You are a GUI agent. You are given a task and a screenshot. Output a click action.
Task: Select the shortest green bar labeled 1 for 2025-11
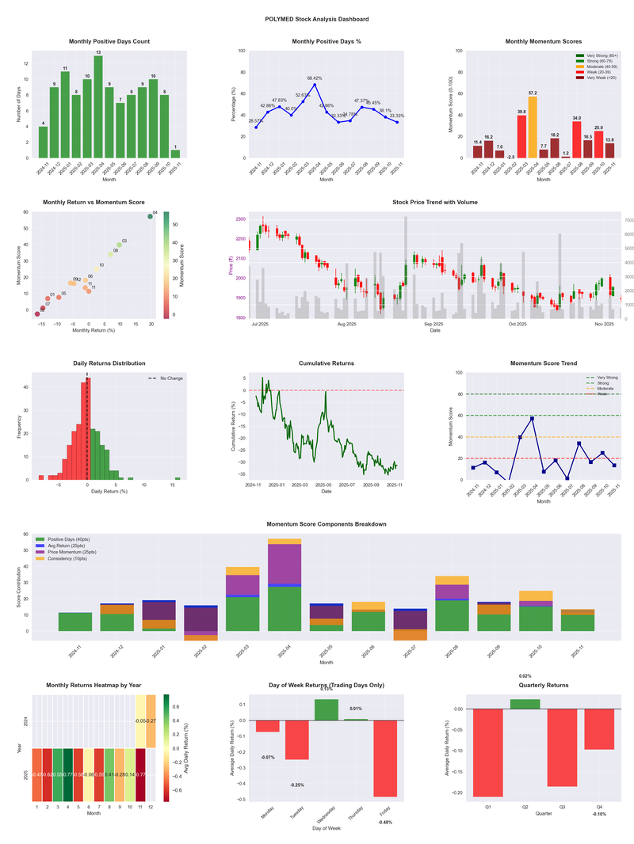pos(175,154)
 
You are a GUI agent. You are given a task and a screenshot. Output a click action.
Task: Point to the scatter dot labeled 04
pos(150,216)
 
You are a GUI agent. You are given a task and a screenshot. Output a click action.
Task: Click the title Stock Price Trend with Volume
pos(434,203)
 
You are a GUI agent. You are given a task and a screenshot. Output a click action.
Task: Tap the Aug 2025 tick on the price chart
pos(346,325)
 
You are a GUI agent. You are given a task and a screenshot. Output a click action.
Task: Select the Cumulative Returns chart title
pos(327,363)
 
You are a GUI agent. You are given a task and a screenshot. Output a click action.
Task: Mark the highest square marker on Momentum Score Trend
pos(532,418)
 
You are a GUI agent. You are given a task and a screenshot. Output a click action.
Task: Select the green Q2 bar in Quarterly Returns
pos(525,704)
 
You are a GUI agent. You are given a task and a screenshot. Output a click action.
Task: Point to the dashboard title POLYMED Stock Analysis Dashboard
pos(317,19)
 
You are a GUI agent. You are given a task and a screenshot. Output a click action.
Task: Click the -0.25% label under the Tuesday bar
pos(297,785)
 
